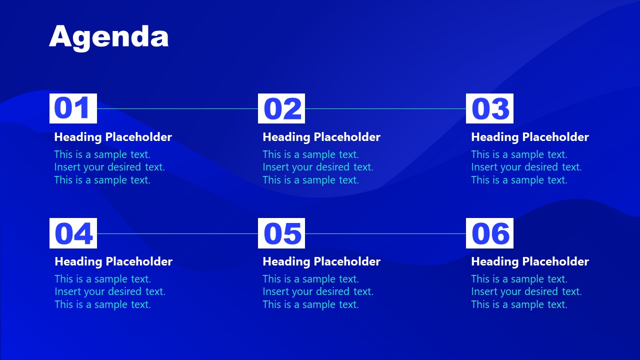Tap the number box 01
(73, 108)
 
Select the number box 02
(281, 108)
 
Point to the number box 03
(489, 108)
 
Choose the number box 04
(73, 233)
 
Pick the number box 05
(281, 233)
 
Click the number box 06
(489, 233)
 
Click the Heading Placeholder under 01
(113, 137)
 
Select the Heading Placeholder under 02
(321, 137)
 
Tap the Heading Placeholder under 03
(530, 137)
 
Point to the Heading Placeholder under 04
(113, 261)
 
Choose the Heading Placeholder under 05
(321, 261)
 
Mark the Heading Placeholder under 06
(530, 261)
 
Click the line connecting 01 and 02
(177, 108)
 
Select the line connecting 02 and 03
(385, 108)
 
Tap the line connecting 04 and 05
(177, 233)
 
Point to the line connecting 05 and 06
(385, 233)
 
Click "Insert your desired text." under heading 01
(109, 167)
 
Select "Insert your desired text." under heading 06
(526, 291)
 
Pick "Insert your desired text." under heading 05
(318, 291)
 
